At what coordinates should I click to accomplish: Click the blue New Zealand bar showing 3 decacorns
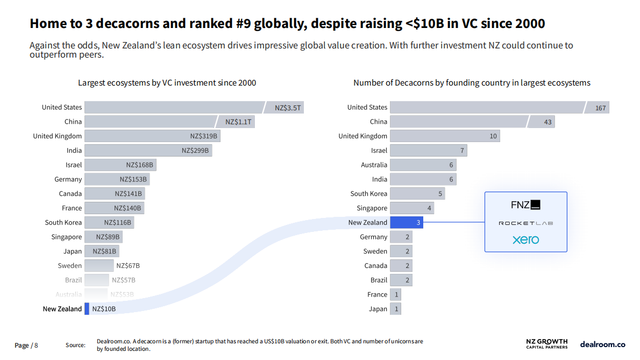(x=406, y=222)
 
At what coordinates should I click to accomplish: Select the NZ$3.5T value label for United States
(x=288, y=108)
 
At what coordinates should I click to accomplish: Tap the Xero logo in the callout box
(x=525, y=239)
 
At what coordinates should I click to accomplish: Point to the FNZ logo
(x=525, y=205)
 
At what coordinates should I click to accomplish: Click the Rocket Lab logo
(x=525, y=223)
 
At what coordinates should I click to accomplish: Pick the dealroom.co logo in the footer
(x=602, y=344)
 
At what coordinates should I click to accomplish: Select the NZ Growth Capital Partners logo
(x=546, y=344)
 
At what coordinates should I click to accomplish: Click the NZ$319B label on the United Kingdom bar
(x=204, y=136)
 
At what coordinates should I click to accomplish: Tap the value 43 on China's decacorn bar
(x=547, y=122)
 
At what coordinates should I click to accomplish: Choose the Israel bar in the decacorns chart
(x=428, y=151)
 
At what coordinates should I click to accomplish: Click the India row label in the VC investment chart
(x=74, y=151)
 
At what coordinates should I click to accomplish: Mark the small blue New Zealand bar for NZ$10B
(x=87, y=309)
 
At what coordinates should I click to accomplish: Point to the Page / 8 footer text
(x=26, y=345)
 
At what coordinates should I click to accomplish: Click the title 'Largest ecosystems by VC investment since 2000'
(x=167, y=83)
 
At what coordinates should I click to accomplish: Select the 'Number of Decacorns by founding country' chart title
(x=472, y=83)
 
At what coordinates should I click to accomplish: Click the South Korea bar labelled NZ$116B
(x=109, y=222)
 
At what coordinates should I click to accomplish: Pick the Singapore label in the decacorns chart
(x=372, y=208)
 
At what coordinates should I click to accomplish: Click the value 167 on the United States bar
(x=600, y=108)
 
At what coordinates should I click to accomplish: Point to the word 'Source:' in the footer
(x=75, y=345)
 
